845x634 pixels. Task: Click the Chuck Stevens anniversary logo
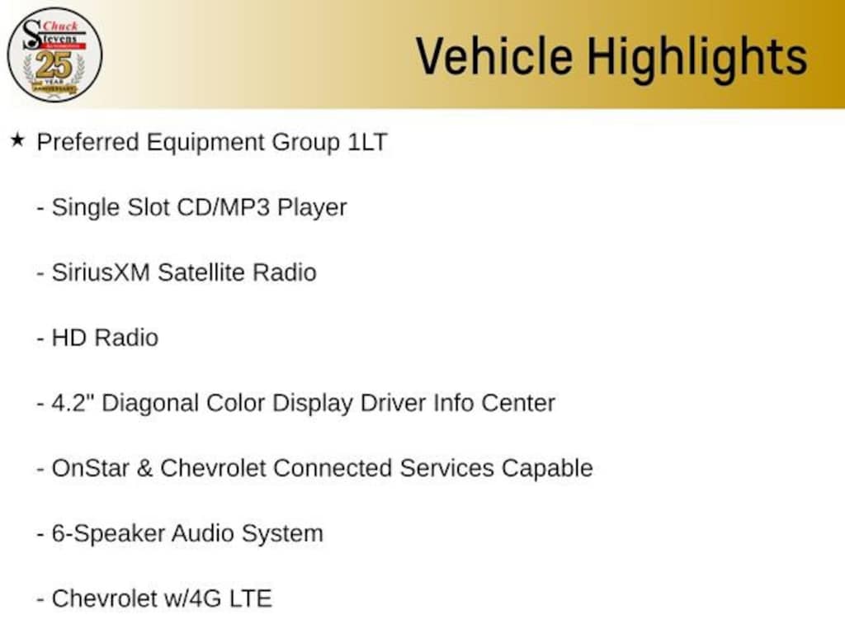pos(54,54)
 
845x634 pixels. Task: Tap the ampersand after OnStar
pos(144,468)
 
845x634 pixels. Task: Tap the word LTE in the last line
pos(251,599)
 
